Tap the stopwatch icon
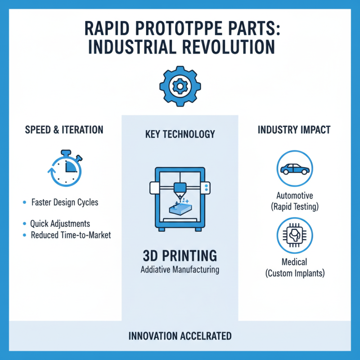click(64, 169)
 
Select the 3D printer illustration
click(180, 198)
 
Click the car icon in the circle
click(295, 169)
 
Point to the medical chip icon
click(295, 235)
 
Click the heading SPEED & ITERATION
click(64, 130)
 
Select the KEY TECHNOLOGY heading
click(180, 134)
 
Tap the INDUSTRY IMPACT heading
click(294, 130)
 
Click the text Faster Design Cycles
click(65, 202)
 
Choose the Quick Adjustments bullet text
click(60, 224)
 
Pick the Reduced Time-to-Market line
click(71, 235)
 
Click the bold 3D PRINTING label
click(180, 256)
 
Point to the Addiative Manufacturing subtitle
click(180, 270)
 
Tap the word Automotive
click(295, 196)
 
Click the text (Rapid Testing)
click(295, 207)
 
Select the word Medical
click(294, 262)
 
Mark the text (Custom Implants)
click(294, 273)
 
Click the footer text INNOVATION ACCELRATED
click(180, 336)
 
